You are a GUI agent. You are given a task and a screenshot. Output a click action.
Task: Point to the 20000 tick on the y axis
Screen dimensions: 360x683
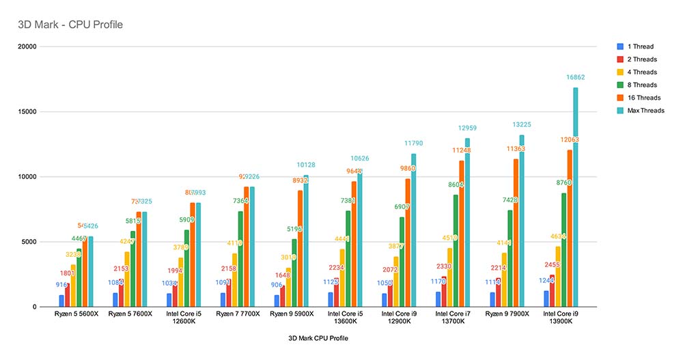pyautogui.click(x=27, y=46)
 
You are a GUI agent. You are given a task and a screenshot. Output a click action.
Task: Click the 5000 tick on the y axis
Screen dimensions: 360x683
pyautogui.click(x=30, y=242)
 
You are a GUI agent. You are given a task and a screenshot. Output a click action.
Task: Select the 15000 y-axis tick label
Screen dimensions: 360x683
pyautogui.click(x=27, y=111)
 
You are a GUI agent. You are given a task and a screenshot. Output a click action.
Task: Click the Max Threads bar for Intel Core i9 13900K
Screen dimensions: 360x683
pyautogui.click(x=576, y=198)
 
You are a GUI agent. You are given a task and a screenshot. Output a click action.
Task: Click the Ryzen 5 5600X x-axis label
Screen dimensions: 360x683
pyautogui.click(x=76, y=314)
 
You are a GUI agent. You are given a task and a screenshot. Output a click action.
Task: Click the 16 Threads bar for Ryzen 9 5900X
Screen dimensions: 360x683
pyautogui.click(x=300, y=249)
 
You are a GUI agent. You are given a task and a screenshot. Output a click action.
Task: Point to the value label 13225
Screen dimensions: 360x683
pyautogui.click(x=522, y=125)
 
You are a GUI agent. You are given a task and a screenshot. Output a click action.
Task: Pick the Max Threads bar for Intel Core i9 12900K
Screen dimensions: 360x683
pyautogui.click(x=413, y=230)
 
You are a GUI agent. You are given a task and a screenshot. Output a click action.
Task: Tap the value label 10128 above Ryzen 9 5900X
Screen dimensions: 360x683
pyautogui.click(x=306, y=165)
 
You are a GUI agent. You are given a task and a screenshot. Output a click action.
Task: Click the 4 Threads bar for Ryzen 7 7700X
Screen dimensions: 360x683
pyautogui.click(x=235, y=280)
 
